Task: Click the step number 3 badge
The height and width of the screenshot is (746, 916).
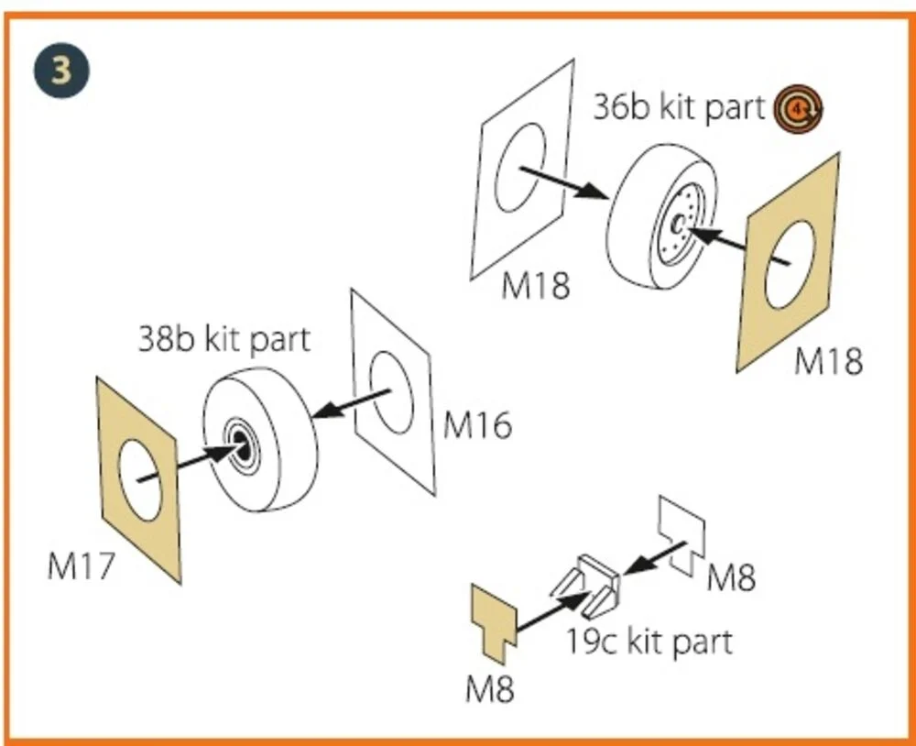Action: [x=61, y=71]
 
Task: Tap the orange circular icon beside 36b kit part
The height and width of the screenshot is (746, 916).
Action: [x=798, y=109]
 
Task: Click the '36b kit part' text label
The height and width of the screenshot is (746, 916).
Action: [x=679, y=107]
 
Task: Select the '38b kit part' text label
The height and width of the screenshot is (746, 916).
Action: [x=224, y=338]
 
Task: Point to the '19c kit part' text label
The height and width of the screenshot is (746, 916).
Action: [x=649, y=642]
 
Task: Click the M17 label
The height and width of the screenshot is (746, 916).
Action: [x=81, y=566]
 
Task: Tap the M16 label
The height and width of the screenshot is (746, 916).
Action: [x=477, y=425]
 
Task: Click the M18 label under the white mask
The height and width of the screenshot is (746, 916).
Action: [x=535, y=286]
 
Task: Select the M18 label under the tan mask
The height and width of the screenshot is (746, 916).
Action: [x=828, y=361]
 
